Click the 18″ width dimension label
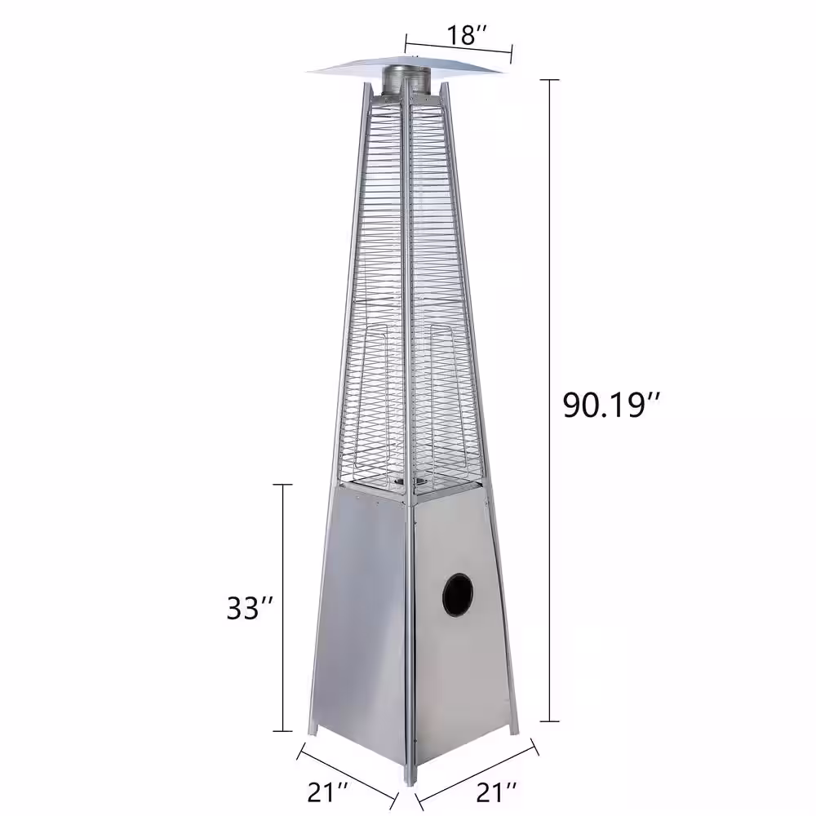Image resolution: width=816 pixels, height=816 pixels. (466, 35)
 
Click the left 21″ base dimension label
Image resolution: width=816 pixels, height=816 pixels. (330, 790)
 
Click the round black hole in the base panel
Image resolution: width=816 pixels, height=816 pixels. (458, 594)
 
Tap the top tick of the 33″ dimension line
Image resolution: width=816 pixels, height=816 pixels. (283, 485)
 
